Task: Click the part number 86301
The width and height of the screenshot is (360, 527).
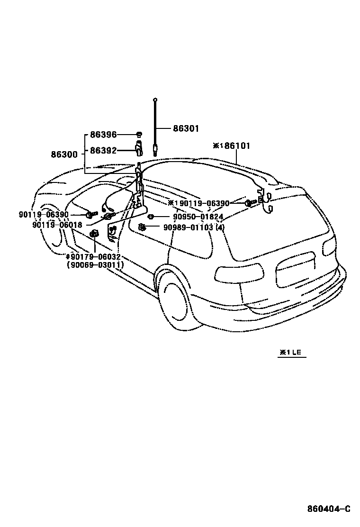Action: (186, 128)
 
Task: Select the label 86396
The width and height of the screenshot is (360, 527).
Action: (103, 135)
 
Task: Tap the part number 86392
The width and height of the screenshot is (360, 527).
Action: (103, 151)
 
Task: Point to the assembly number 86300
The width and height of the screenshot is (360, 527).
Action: (65, 154)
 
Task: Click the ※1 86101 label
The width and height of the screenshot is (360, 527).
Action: (232, 146)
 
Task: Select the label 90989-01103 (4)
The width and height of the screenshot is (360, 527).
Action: (194, 227)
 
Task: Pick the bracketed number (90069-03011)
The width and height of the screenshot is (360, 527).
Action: (96, 265)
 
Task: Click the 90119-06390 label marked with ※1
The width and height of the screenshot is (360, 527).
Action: (198, 203)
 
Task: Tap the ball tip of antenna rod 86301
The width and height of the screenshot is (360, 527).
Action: (155, 100)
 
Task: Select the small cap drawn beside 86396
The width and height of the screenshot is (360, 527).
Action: (139, 135)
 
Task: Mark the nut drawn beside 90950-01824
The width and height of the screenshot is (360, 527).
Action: (150, 217)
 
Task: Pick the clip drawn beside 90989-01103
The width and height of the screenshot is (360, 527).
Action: (141, 227)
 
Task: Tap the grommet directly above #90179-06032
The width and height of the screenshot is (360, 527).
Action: (94, 233)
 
